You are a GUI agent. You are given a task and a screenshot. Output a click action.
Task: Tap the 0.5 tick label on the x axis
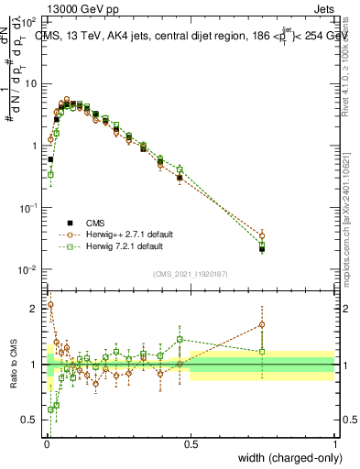click(191, 444)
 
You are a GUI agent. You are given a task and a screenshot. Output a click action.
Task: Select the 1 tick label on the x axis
click(335, 444)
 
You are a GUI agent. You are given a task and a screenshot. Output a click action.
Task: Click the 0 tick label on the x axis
click(46, 444)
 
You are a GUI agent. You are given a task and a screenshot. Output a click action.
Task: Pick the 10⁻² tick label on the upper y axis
click(30, 269)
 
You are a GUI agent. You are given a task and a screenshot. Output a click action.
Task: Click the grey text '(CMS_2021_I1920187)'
click(191, 272)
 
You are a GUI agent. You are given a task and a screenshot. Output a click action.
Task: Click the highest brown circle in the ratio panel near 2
click(50, 305)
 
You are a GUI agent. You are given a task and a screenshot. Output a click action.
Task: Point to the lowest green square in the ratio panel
click(50, 409)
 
